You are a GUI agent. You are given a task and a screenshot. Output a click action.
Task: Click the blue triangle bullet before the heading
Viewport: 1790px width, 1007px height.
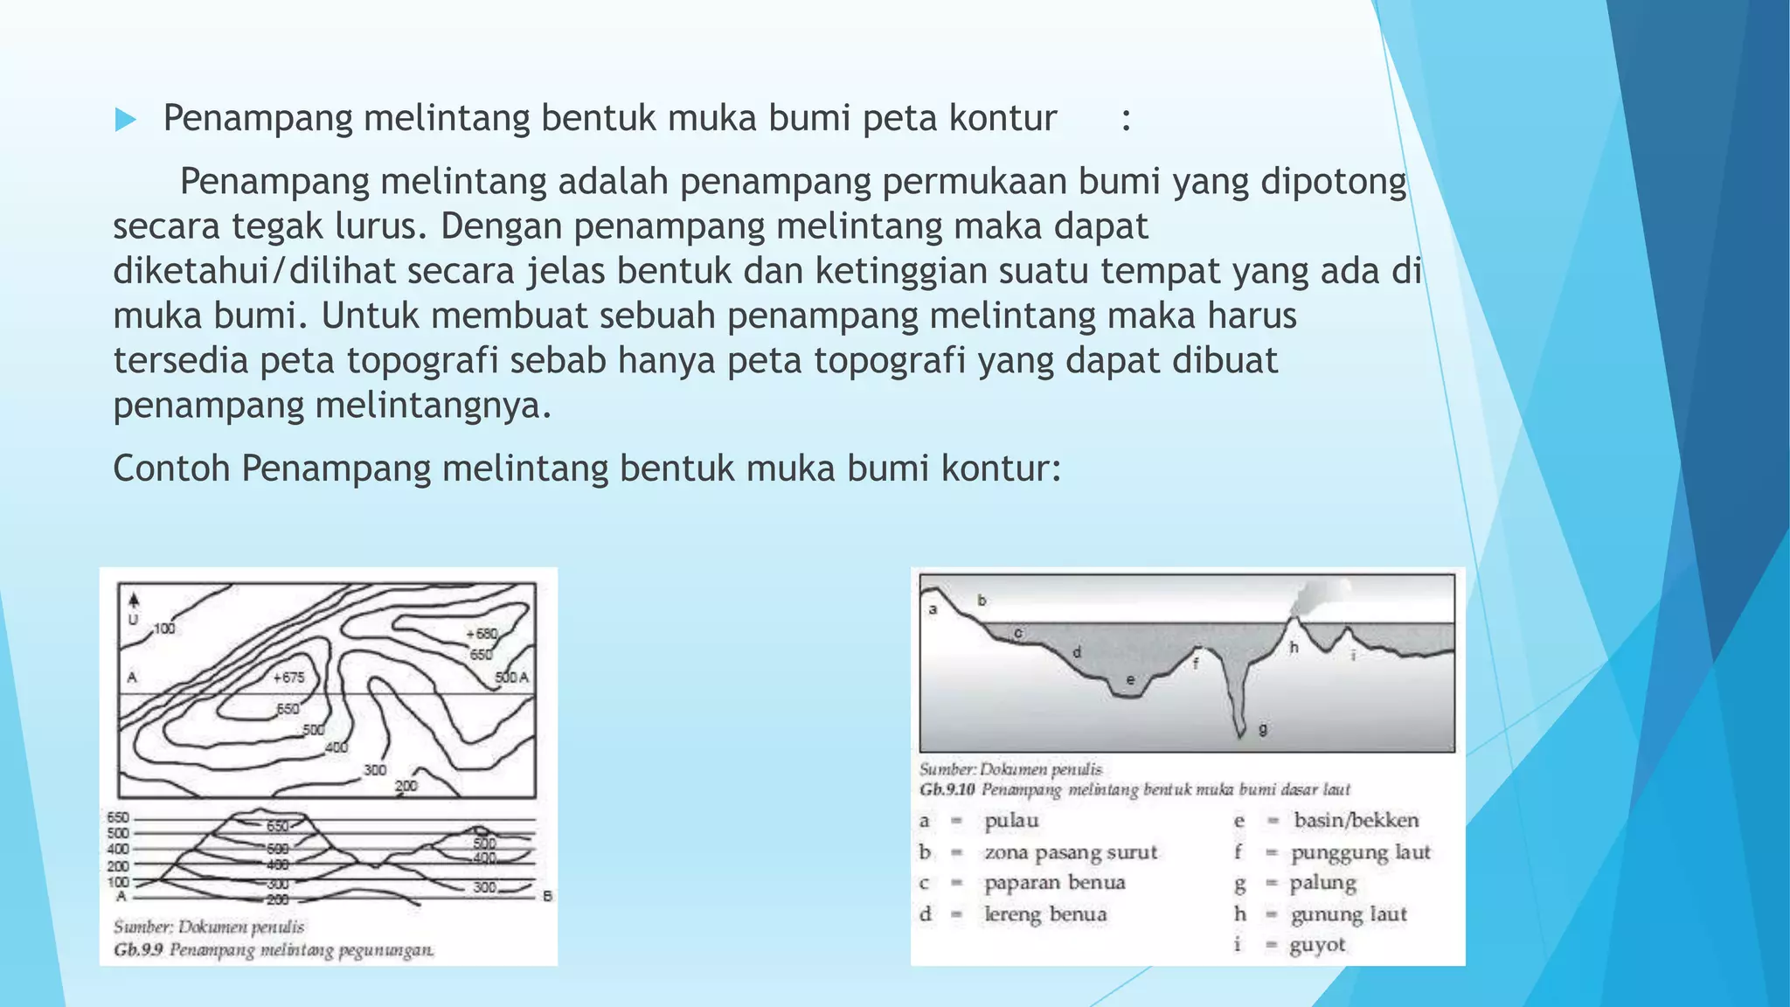point(126,120)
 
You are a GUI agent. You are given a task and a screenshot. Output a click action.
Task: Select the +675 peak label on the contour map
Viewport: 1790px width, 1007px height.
point(288,677)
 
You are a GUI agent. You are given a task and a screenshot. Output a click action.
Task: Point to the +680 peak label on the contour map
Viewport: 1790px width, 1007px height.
point(482,634)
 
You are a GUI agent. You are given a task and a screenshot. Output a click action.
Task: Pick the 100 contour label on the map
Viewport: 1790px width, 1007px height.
point(164,629)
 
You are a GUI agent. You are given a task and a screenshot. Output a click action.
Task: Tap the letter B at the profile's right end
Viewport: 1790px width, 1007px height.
point(547,896)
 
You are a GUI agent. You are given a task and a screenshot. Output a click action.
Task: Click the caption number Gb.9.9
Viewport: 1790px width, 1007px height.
point(138,950)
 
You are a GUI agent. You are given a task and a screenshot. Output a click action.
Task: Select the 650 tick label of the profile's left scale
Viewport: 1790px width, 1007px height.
point(117,818)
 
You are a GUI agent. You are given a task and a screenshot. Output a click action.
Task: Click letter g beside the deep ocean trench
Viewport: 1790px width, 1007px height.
point(1262,728)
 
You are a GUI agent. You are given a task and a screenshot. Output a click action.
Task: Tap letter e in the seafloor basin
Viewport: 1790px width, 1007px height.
point(1130,680)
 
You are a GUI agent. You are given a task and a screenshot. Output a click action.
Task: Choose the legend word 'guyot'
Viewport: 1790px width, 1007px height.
point(1317,945)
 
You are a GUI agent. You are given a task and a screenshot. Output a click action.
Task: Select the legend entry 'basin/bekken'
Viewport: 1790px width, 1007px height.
point(1356,820)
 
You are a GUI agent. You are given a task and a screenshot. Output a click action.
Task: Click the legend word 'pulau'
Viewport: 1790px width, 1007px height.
point(1011,821)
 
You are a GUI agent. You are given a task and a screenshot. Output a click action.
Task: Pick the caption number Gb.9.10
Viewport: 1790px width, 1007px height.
point(947,790)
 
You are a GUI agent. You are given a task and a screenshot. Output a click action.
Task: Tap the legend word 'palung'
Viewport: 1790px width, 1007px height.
point(1323,883)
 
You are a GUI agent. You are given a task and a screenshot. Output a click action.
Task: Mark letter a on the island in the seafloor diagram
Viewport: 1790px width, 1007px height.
point(933,609)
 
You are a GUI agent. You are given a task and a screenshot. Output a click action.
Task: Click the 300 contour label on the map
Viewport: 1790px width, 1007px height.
point(375,770)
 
